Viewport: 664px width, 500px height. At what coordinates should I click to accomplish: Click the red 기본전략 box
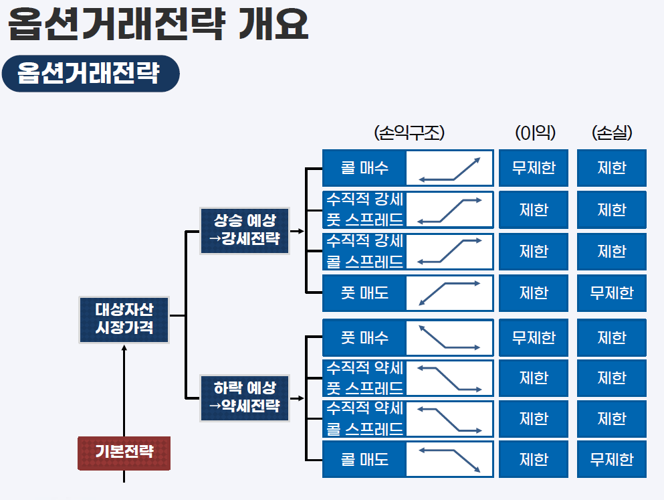click(124, 452)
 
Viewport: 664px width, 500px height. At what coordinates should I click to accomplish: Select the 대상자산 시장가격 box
click(124, 319)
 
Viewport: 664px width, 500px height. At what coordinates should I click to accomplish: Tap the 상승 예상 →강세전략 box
click(245, 230)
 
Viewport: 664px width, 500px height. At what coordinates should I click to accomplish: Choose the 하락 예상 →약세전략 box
click(245, 398)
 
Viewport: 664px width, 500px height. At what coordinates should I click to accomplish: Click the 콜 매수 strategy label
click(364, 167)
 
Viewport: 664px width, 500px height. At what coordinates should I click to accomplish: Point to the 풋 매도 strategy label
click(364, 293)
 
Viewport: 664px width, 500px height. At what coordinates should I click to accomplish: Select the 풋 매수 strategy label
click(364, 337)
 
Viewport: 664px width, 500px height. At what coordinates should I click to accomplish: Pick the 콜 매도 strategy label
click(364, 459)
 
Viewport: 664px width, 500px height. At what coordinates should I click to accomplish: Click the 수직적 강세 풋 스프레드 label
click(364, 210)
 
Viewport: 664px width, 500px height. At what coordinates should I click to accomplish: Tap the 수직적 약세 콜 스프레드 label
click(364, 418)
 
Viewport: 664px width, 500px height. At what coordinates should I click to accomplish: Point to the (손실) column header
click(613, 133)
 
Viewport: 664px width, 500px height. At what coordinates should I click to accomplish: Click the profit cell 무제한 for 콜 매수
click(534, 167)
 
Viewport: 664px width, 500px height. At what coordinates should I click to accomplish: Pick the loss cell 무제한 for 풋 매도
click(612, 293)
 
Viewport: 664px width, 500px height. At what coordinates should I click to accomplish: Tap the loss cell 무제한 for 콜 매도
click(612, 459)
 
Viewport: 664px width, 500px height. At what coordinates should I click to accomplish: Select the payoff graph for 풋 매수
click(449, 337)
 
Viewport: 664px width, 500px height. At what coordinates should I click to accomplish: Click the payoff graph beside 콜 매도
click(449, 459)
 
